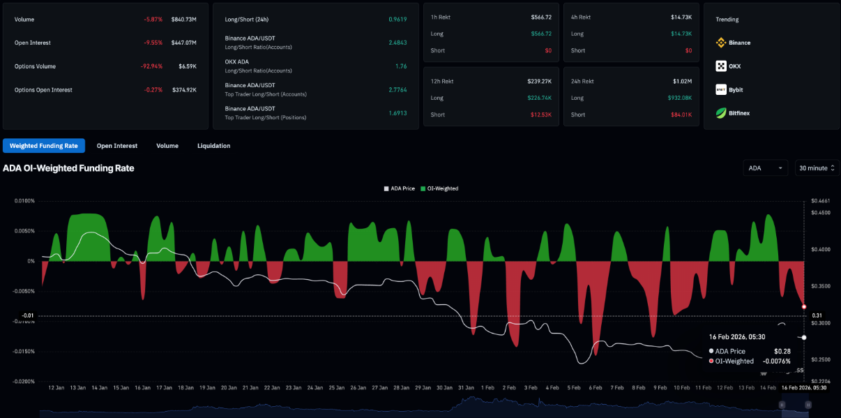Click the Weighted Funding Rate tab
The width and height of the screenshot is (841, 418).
pyautogui.click(x=44, y=146)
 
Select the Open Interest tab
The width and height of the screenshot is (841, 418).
pyautogui.click(x=117, y=146)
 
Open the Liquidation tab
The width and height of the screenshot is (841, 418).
pyautogui.click(x=213, y=146)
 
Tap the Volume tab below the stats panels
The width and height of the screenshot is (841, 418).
pyautogui.click(x=167, y=146)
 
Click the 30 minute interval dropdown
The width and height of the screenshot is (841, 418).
pyautogui.click(x=817, y=168)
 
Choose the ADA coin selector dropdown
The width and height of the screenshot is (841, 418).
pyautogui.click(x=765, y=168)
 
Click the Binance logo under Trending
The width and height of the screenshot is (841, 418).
pyautogui.click(x=721, y=43)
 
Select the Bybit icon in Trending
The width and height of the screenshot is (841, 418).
pyautogui.click(x=721, y=89)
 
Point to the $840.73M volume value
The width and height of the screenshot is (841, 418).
pyautogui.click(x=184, y=20)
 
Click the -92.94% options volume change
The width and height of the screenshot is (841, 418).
pyautogui.click(x=151, y=66)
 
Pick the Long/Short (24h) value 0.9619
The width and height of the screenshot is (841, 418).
pyautogui.click(x=397, y=20)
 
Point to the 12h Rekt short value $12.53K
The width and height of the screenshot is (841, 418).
pyautogui.click(x=540, y=114)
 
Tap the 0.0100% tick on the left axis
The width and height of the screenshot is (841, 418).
pyautogui.click(x=24, y=201)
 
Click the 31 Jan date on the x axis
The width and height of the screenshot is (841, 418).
pyautogui.click(x=467, y=387)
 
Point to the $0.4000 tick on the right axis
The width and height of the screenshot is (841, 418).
pyautogui.click(x=821, y=249)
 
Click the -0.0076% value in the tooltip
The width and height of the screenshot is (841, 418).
pyautogui.click(x=776, y=361)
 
